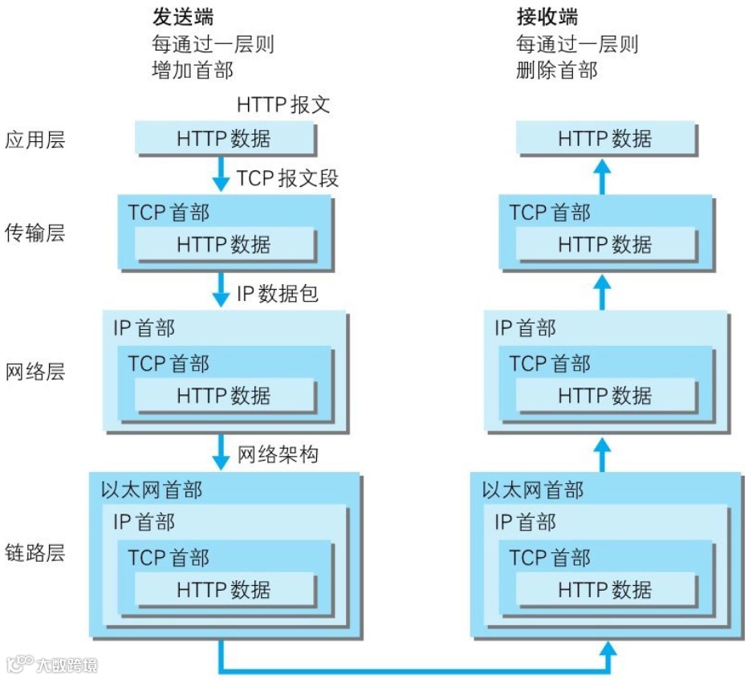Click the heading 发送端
(183, 17)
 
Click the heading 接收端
(547, 17)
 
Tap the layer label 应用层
(35, 140)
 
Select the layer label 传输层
(35, 234)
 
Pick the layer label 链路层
(35, 553)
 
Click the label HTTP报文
(283, 105)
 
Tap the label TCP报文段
(287, 178)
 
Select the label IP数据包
(277, 294)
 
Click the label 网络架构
(278, 455)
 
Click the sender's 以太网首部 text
(152, 490)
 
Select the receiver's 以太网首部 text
(533, 490)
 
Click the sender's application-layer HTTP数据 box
(224, 139)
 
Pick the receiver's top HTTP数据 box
(604, 139)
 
